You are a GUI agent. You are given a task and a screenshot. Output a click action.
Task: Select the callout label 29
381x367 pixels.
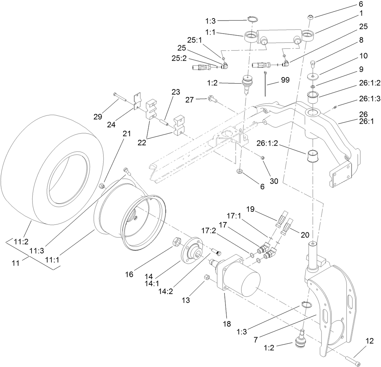[x=98, y=117]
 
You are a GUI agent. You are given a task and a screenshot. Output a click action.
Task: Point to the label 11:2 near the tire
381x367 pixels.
[x=21, y=242]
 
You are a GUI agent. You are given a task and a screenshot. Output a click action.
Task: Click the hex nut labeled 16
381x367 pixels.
[x=175, y=242]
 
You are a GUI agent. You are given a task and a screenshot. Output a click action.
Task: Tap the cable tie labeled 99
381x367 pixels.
[x=266, y=84]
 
